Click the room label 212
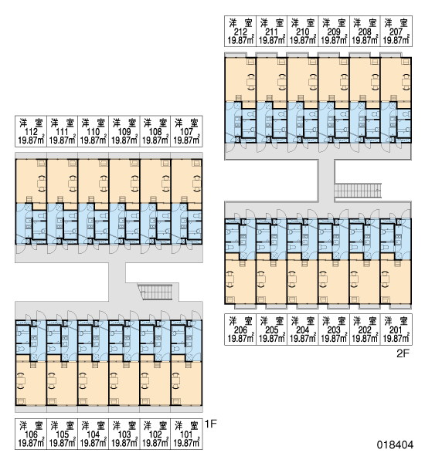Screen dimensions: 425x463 coord(240,32)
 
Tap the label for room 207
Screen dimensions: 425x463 coord(396,32)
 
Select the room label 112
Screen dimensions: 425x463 coord(31,132)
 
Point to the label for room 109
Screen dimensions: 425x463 coord(124,132)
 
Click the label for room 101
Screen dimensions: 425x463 coord(186,434)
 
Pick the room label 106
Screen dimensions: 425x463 coord(31,434)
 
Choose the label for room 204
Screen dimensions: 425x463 coord(303,330)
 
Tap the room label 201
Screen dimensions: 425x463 coord(396,330)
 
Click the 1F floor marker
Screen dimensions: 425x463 coord(211,424)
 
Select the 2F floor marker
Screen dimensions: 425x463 coord(403,353)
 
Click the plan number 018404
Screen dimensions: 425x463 coord(395,445)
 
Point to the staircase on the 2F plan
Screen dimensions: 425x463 coord(358,191)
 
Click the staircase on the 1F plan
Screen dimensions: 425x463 coord(155,292)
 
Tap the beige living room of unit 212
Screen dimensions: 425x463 coord(240,79)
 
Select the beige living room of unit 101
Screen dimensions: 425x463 coord(186,384)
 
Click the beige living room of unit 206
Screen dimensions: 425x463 coord(240,282)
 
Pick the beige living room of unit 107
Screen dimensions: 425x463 coord(186,181)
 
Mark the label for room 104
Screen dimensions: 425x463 coord(93,434)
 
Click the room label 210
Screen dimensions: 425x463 coord(303,32)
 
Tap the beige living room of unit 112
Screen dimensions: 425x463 coord(31,181)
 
